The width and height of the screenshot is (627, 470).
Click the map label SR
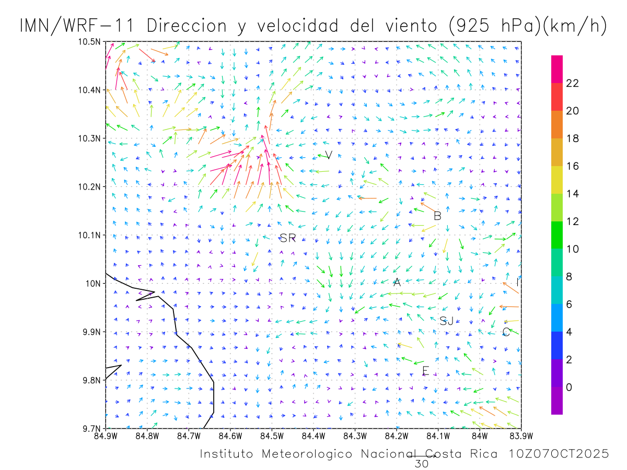coord(288,239)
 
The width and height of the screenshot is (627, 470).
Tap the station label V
coord(329,155)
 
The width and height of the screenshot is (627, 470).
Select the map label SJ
coord(446,321)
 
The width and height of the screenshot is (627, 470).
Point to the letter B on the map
coord(438,216)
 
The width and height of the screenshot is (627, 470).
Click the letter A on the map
coord(397,283)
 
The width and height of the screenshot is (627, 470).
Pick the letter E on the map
coord(425,371)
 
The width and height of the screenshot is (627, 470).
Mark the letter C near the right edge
coord(506,332)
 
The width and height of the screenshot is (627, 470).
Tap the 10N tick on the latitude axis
coord(95,284)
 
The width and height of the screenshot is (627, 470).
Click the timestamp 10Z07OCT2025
coord(559,454)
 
